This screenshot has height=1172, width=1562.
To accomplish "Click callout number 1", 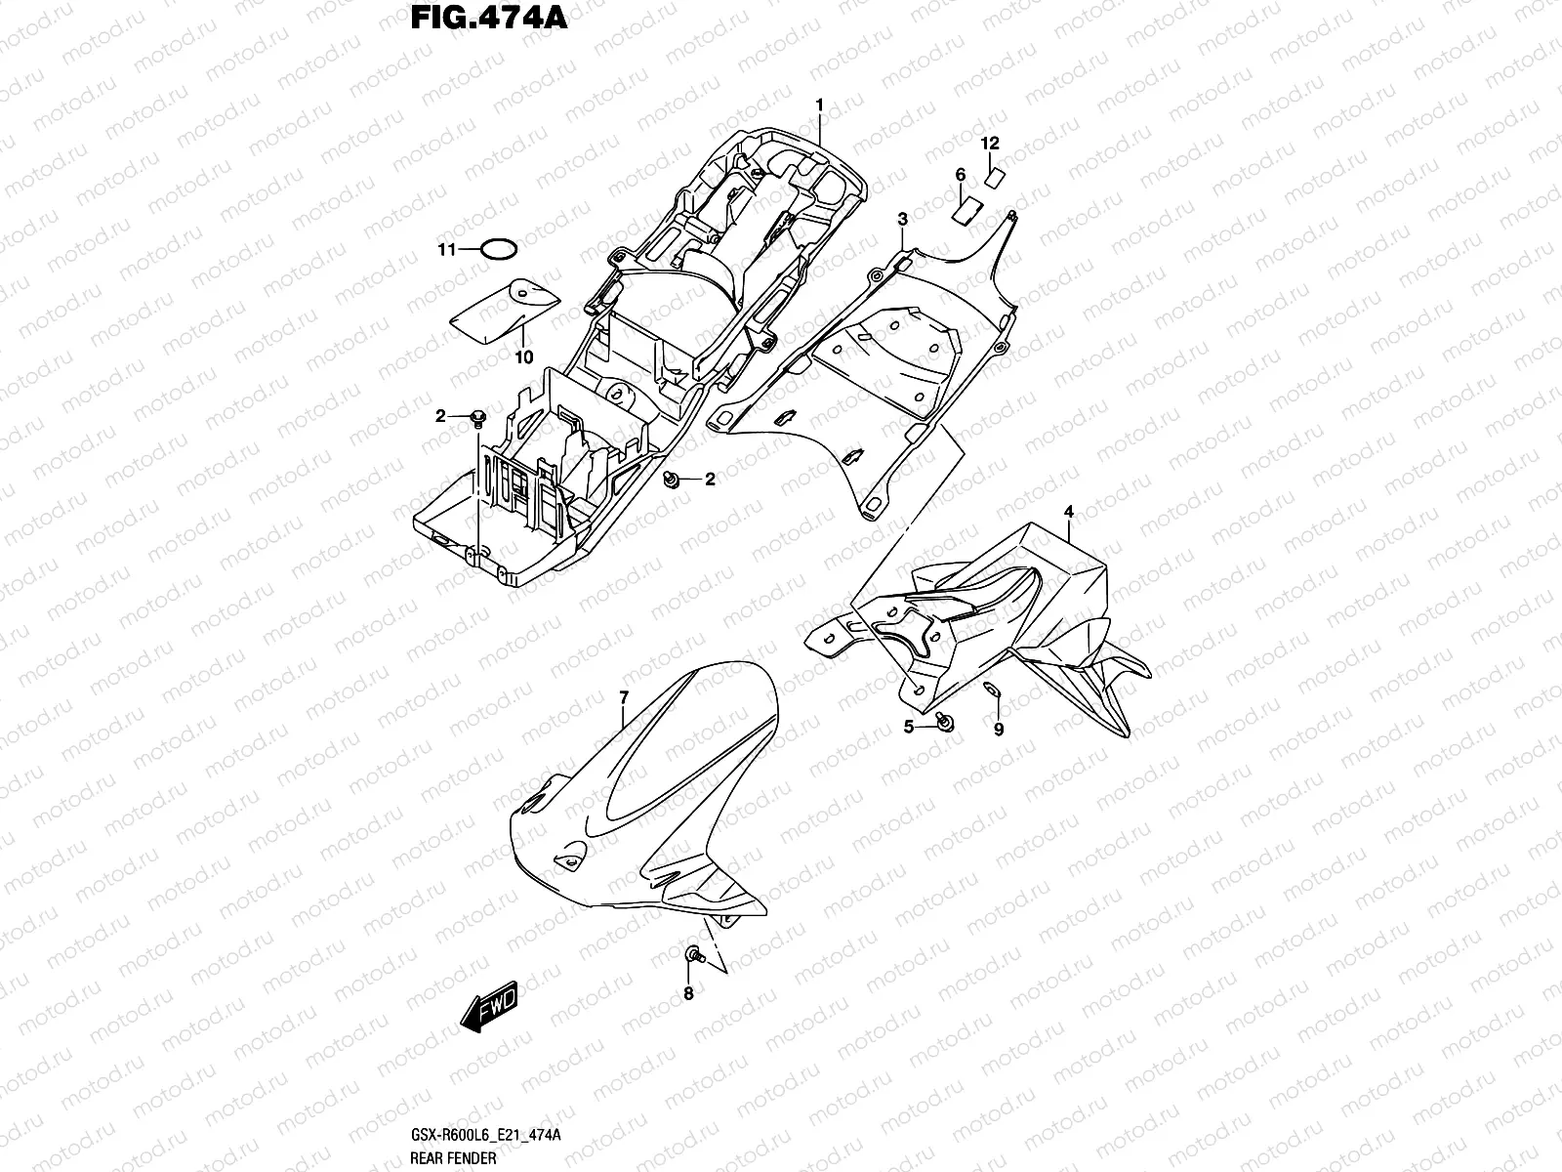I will tap(820, 105).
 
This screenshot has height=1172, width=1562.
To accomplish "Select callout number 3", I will tap(903, 218).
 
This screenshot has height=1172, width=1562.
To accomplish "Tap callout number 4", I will tap(1069, 512).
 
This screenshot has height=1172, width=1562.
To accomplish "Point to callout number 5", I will tap(908, 727).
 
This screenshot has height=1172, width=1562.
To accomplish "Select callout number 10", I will tap(524, 357).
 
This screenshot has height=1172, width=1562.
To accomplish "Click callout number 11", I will tap(446, 250).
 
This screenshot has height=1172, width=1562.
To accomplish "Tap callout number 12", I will tap(991, 144).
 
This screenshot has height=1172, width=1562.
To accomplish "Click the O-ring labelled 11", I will tap(499, 249).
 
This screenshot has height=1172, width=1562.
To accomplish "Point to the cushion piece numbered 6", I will tap(967, 210).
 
